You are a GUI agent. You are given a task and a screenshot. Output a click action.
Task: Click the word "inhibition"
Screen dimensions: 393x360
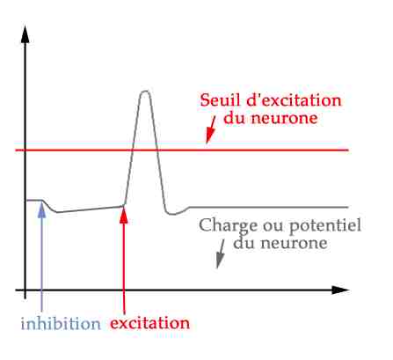(x=61, y=324)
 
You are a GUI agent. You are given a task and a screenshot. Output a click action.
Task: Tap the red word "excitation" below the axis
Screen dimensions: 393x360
(x=150, y=323)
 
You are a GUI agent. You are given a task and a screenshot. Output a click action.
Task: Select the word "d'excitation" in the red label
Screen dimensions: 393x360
(x=294, y=100)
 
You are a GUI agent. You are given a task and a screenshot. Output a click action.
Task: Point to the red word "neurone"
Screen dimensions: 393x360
(x=283, y=118)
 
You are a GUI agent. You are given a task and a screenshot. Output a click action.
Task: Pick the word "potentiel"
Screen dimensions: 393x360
(x=325, y=226)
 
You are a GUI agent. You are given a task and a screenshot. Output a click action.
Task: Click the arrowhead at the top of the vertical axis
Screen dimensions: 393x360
(x=25, y=34)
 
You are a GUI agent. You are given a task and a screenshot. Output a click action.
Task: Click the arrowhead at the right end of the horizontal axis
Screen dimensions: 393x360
(x=340, y=290)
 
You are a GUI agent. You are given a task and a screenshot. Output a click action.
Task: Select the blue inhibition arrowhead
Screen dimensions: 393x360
(x=42, y=210)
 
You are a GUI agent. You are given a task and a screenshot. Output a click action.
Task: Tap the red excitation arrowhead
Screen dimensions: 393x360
(x=124, y=215)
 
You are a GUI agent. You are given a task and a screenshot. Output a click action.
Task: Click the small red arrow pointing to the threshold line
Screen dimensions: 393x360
(x=211, y=129)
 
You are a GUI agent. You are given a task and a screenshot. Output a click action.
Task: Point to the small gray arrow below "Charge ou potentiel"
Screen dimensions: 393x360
(x=221, y=253)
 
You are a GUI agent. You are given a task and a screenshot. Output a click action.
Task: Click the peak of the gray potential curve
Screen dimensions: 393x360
(x=145, y=92)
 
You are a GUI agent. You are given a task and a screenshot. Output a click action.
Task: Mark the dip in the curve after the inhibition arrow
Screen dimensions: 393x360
(x=56, y=212)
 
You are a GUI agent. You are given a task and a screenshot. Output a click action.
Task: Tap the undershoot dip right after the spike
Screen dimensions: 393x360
(x=173, y=214)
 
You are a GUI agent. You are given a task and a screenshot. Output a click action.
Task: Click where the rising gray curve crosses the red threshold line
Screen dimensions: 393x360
(x=133, y=151)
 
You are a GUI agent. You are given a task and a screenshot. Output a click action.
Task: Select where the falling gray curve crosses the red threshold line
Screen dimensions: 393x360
(x=157, y=151)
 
